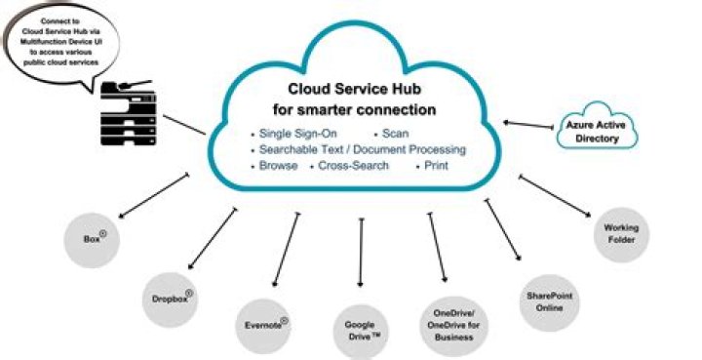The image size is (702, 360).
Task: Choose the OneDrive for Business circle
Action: [x=452, y=324]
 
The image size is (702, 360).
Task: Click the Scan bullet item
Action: [x=396, y=133]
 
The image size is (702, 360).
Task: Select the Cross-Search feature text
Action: [x=354, y=166]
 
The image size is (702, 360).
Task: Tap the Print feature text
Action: [x=435, y=166]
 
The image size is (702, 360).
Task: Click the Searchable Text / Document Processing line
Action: [x=362, y=149]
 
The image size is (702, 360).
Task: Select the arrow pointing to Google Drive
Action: [x=362, y=252]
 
